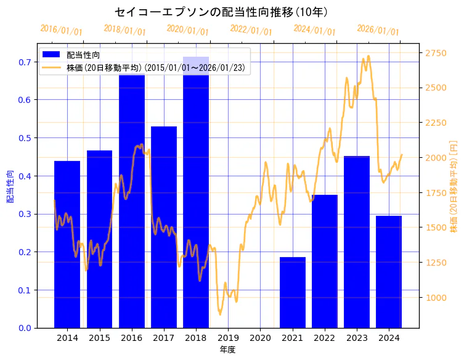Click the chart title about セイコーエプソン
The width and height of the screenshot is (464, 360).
221,12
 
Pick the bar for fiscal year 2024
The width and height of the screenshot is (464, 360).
389,271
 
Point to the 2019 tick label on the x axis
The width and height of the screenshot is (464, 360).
228,338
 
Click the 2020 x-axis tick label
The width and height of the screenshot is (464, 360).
260,338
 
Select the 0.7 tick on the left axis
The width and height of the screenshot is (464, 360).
25,62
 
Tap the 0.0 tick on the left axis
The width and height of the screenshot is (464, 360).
25,328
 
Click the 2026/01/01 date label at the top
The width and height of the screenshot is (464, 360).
378,30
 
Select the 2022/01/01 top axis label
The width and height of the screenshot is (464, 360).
251,30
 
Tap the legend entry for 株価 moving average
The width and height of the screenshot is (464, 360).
158,68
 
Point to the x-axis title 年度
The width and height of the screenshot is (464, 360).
227,350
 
